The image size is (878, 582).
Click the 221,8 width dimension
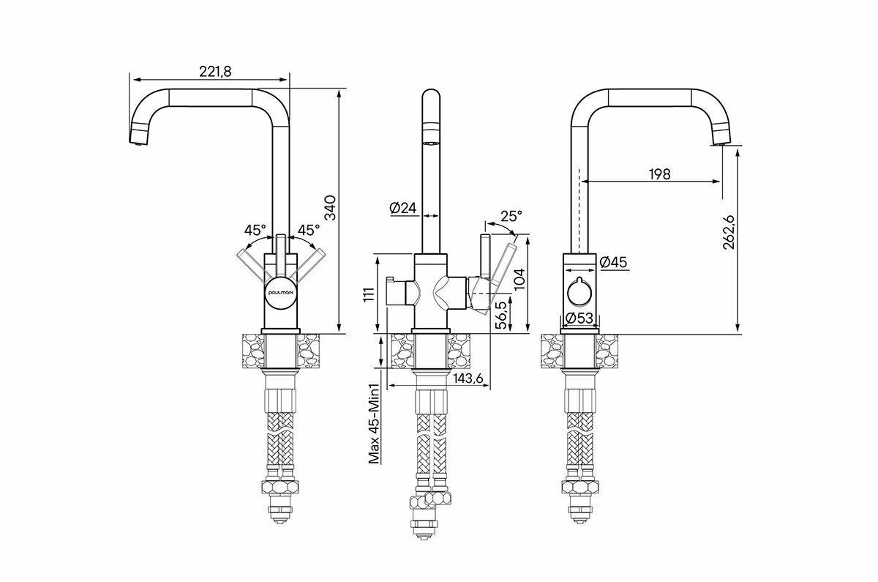click(215, 70)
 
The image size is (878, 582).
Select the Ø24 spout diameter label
click(403, 209)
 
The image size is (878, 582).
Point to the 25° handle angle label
click(511, 216)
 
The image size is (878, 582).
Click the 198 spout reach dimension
click(659, 174)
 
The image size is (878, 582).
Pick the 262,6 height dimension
click(728, 234)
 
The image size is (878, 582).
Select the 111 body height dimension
click(369, 294)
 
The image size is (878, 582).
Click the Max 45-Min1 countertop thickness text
click(374, 424)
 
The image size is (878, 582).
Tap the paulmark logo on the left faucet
click(281, 291)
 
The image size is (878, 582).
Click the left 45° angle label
click(255, 229)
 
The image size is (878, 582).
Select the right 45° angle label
click(309, 229)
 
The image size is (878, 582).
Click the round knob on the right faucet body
click(579, 294)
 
